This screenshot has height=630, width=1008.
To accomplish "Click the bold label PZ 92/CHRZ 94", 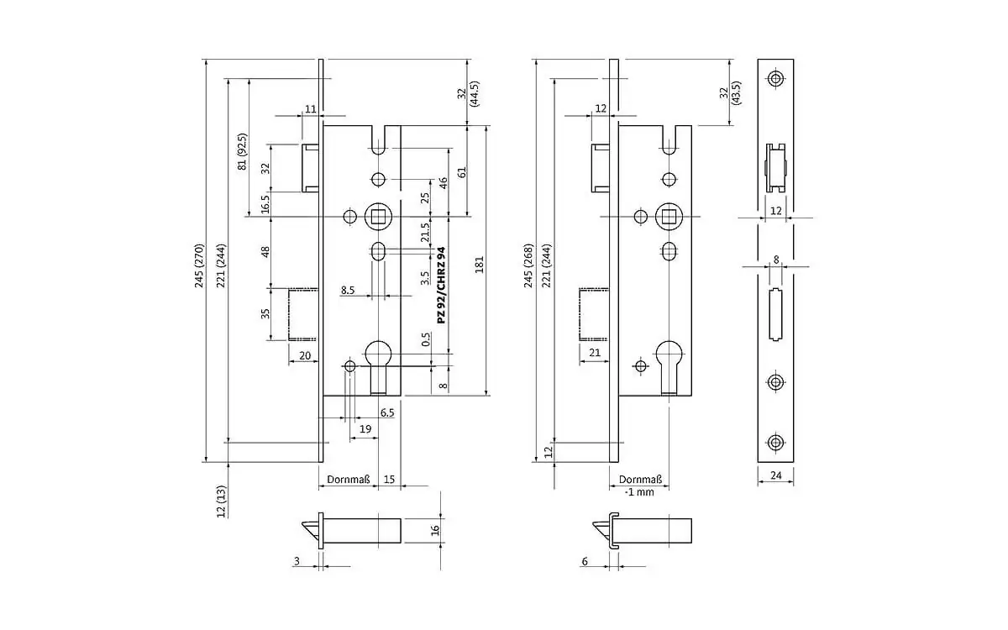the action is (x=441, y=286).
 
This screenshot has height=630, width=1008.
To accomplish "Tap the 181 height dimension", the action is (x=480, y=264).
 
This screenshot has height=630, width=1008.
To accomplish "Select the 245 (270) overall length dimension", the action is (x=199, y=266).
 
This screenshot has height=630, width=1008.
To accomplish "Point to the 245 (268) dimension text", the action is (x=528, y=266).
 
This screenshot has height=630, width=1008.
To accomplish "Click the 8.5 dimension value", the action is (x=348, y=291).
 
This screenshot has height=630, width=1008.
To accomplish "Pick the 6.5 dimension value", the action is (x=387, y=412).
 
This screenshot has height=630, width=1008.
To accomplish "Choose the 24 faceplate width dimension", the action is (x=775, y=475).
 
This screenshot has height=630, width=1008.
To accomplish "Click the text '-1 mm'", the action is (x=639, y=492).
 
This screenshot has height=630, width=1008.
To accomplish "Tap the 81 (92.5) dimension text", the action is (x=242, y=152).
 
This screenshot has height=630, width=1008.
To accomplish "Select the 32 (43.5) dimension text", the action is (x=729, y=93).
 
